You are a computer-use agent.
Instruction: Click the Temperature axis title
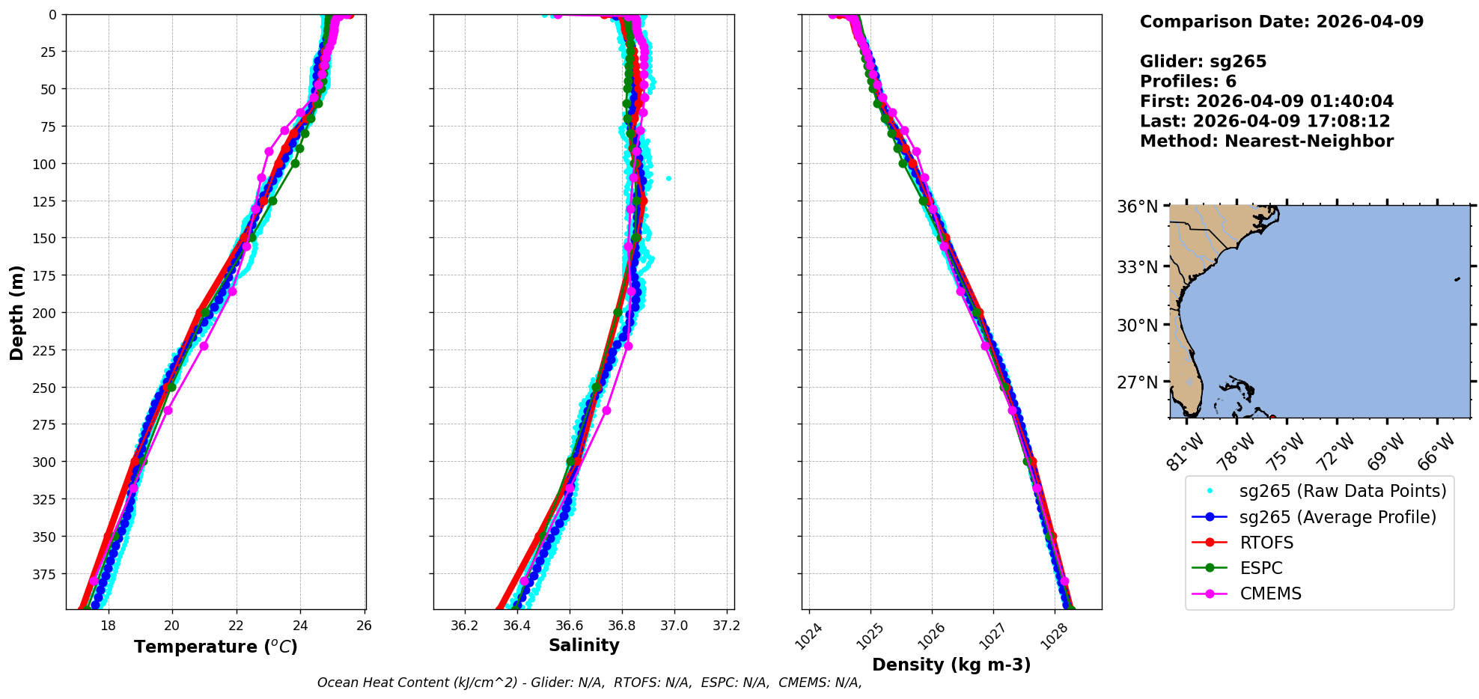216,647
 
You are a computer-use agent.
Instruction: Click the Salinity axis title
584,645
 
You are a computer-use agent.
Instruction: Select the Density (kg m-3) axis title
951,665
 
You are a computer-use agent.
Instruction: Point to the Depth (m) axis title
16,312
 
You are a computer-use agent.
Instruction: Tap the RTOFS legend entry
1266,543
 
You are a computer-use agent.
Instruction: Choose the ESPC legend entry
1261,568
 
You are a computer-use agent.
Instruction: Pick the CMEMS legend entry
1270,593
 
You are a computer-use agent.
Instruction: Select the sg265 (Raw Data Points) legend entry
1343,491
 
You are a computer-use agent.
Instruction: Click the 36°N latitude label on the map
1137,207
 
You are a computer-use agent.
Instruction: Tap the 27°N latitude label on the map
1137,382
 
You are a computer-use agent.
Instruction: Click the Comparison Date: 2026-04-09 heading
1281,22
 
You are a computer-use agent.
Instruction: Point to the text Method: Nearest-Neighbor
1266,141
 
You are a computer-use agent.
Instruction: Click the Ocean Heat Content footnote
589,683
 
